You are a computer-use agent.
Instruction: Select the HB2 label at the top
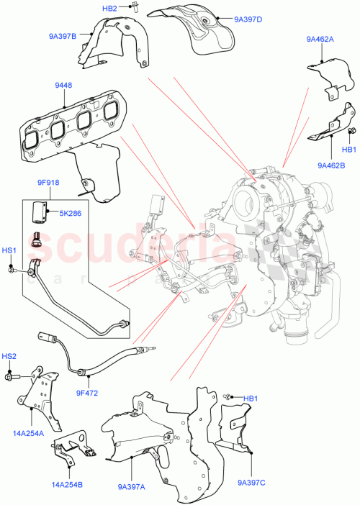(109, 8)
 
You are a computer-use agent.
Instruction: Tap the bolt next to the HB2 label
(135, 9)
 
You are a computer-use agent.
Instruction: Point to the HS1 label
(9, 251)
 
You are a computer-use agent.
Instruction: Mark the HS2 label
(9, 356)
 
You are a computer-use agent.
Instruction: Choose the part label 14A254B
(67, 486)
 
